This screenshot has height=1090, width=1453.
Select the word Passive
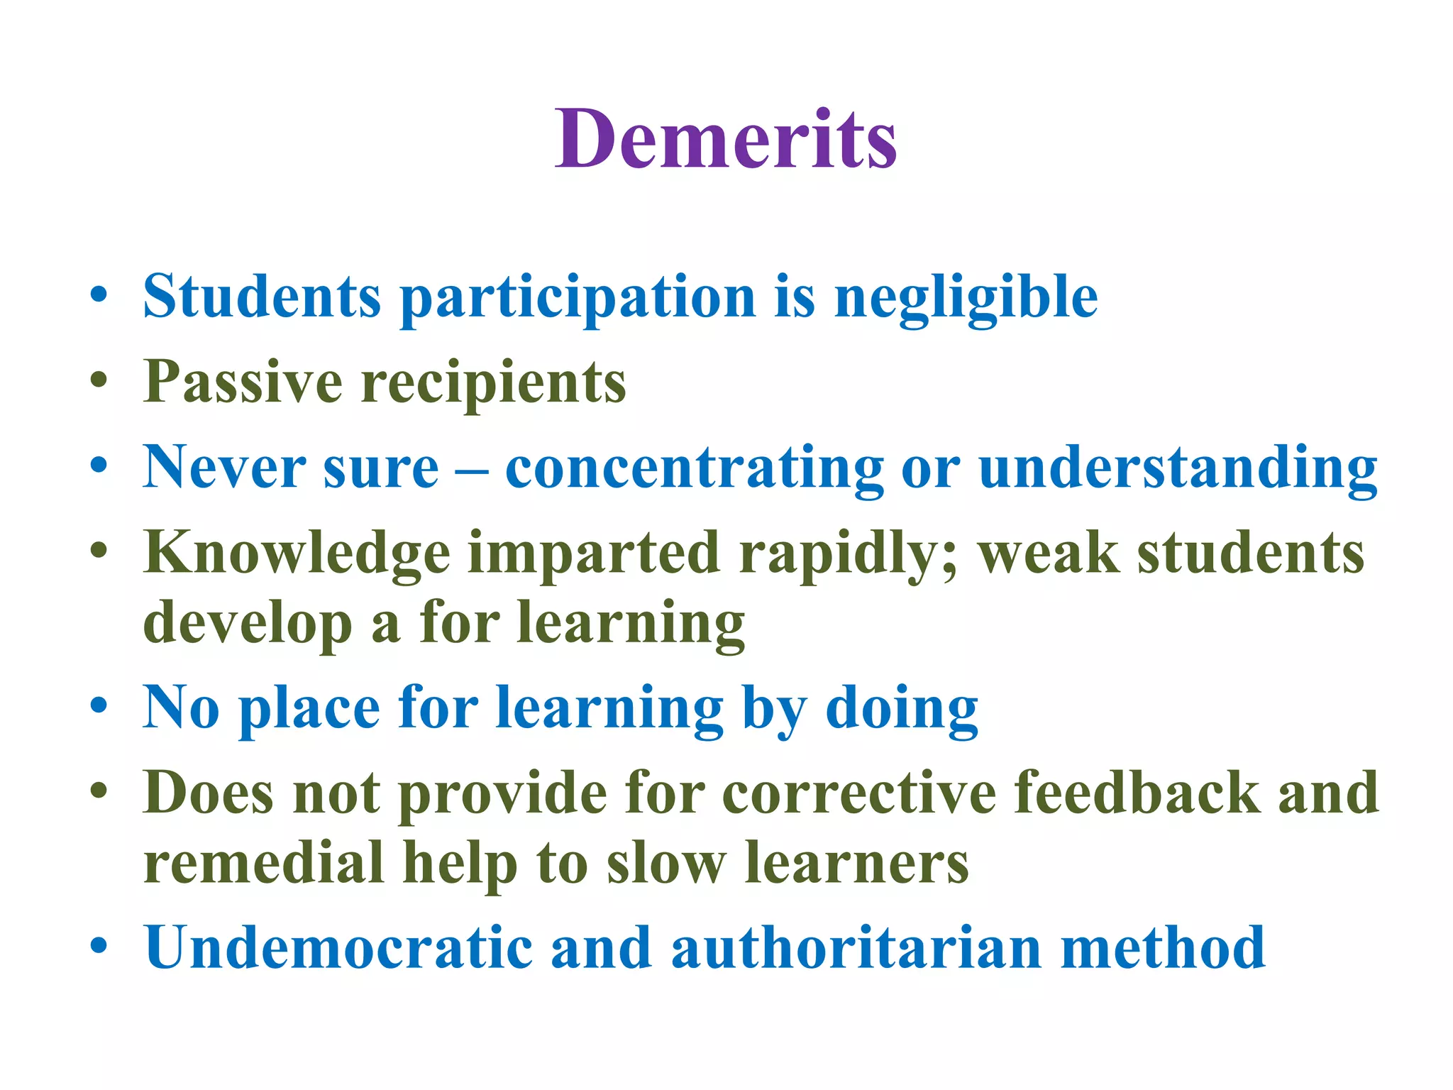(x=243, y=382)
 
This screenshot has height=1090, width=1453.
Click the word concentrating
(x=694, y=468)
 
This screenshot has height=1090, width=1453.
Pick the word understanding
(x=1177, y=468)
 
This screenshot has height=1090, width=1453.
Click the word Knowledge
(x=297, y=554)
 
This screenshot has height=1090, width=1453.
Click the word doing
(x=902, y=708)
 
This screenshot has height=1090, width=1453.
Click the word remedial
(x=264, y=862)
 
